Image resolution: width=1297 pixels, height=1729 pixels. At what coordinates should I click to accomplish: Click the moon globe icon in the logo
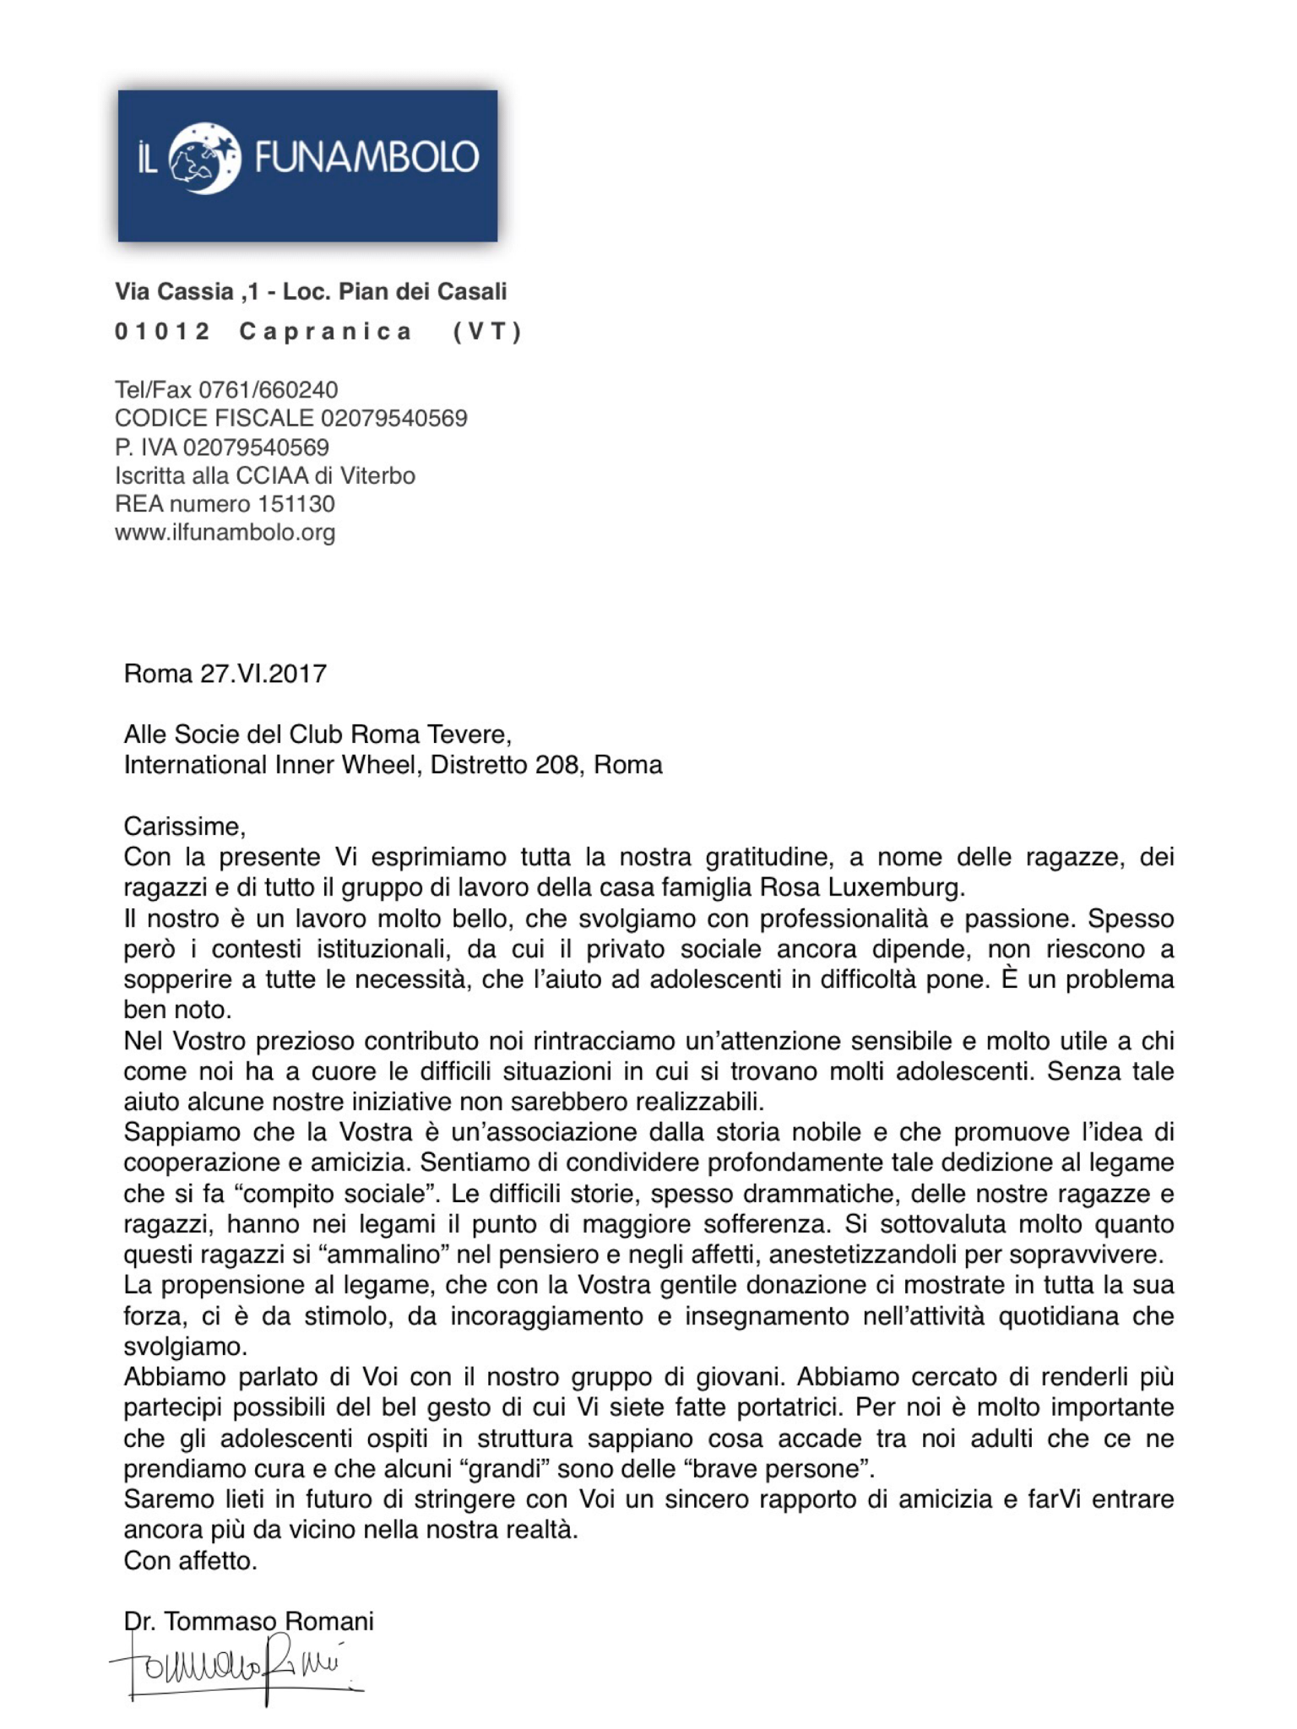click(x=204, y=159)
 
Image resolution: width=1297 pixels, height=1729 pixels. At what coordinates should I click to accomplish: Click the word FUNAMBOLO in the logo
click(x=366, y=158)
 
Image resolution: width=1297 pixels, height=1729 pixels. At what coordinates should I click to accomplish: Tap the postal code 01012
click(x=162, y=332)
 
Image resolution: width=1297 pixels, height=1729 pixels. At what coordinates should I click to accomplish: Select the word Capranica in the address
click(x=326, y=332)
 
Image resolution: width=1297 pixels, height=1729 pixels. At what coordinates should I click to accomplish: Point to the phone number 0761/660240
click(x=268, y=390)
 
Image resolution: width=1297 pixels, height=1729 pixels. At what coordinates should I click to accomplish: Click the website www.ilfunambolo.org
click(x=225, y=533)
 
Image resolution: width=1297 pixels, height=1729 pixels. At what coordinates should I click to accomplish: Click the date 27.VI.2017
click(x=263, y=674)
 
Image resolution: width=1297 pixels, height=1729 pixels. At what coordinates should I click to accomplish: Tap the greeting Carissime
click(x=184, y=826)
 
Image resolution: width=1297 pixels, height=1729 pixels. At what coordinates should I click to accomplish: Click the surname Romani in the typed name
click(x=328, y=1621)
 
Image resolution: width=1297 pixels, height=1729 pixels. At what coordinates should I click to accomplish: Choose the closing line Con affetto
click(x=190, y=1560)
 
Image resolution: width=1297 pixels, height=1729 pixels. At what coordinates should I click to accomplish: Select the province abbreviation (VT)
click(x=488, y=332)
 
